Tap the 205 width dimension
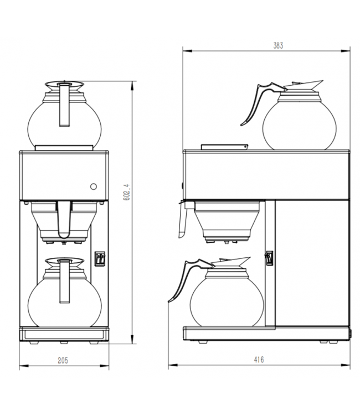click(x=63, y=360)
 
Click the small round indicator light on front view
click(x=93, y=186)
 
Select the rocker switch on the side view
click(x=269, y=258)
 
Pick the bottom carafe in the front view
click(x=64, y=294)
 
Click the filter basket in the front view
click(x=64, y=221)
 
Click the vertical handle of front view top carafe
click(x=64, y=105)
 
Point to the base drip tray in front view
click(x=64, y=334)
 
